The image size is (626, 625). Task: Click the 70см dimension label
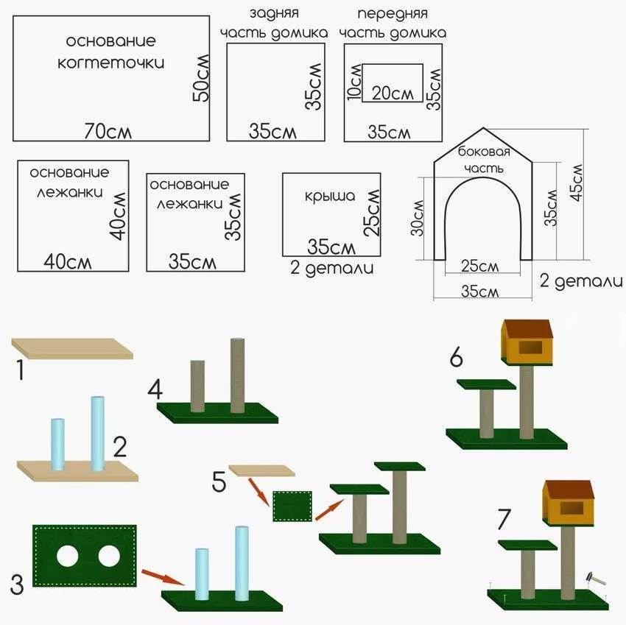(x=108, y=131)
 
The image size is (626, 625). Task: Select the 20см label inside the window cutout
(x=392, y=93)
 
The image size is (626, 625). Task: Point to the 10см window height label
(x=356, y=82)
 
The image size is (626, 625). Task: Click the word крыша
(x=330, y=197)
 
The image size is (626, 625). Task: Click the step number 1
(x=21, y=370)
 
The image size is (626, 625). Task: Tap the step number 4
(x=155, y=389)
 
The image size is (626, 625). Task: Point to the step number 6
(x=457, y=359)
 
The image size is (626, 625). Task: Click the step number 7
(x=504, y=519)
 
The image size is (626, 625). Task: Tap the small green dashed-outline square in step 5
(x=292, y=506)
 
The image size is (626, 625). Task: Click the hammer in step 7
(x=594, y=579)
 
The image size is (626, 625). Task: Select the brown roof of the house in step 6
(x=527, y=328)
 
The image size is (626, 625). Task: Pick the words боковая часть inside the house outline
(x=484, y=160)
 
